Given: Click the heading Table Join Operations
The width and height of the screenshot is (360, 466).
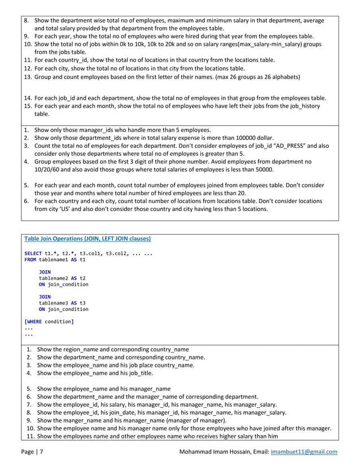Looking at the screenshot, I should pyautogui.click(x=87, y=238).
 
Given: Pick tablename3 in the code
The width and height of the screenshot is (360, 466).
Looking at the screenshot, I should pyautogui.click(x=56, y=302).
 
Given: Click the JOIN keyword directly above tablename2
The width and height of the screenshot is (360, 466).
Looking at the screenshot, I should pyautogui.click(x=45, y=272).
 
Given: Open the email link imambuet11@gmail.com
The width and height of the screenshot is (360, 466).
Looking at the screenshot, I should pyautogui.click(x=304, y=452).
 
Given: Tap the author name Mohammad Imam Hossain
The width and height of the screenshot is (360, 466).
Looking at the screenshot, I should pyautogui.click(x=218, y=452).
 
